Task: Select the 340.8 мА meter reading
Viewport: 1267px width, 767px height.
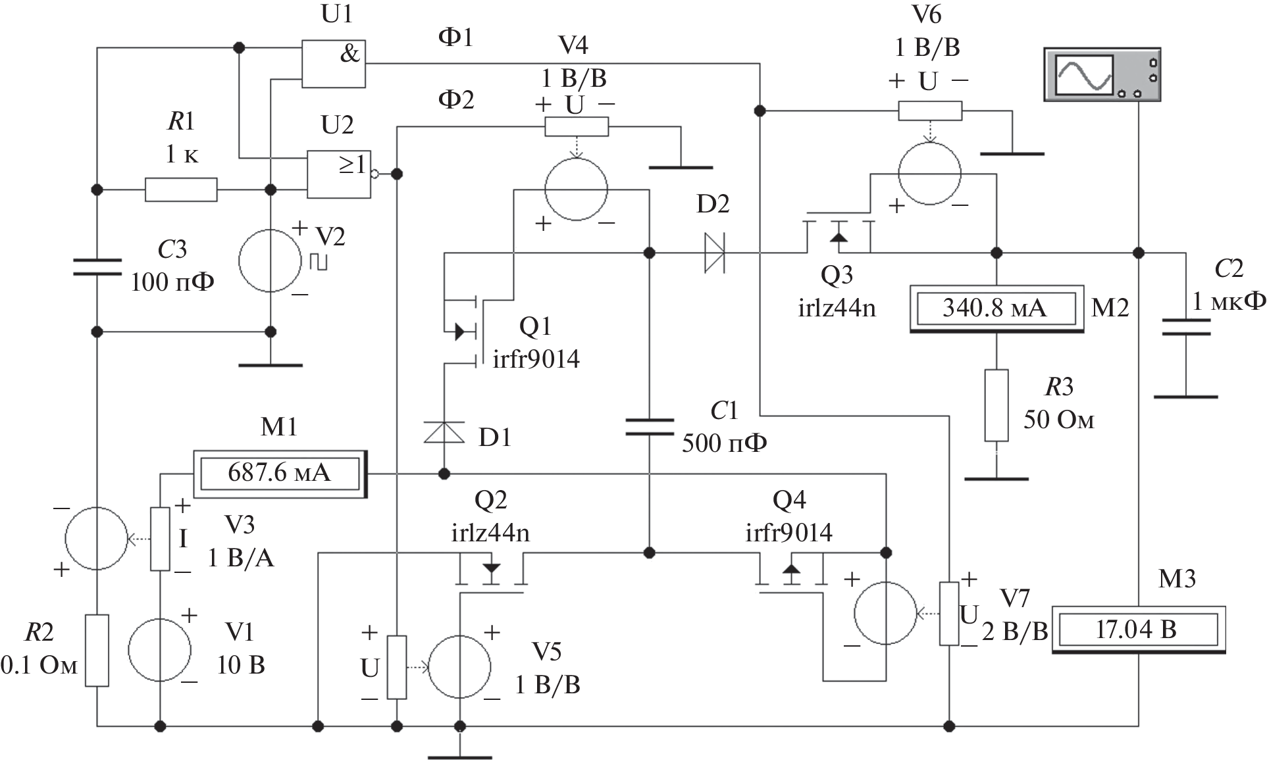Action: pos(995,308)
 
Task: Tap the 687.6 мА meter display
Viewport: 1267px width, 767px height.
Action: pos(280,473)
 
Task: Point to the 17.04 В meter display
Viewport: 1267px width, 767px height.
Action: pos(1137,630)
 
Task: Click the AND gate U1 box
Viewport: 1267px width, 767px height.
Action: pos(333,64)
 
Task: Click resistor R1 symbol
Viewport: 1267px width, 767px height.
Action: pos(181,190)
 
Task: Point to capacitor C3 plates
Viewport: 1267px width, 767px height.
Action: pos(97,266)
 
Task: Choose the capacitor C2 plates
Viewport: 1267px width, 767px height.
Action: pos(1185,327)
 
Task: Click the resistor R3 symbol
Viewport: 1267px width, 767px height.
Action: pos(996,405)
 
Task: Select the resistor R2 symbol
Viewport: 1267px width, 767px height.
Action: pos(97,651)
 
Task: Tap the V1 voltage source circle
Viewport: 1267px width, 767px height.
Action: pos(160,650)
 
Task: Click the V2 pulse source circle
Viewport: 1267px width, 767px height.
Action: pos(270,260)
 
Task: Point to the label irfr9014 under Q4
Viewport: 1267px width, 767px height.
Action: pos(789,532)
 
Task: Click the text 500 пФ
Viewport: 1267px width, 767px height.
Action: pos(724,443)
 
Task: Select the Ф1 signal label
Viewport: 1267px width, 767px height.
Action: pos(455,37)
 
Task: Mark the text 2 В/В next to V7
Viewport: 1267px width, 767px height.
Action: pos(1015,631)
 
